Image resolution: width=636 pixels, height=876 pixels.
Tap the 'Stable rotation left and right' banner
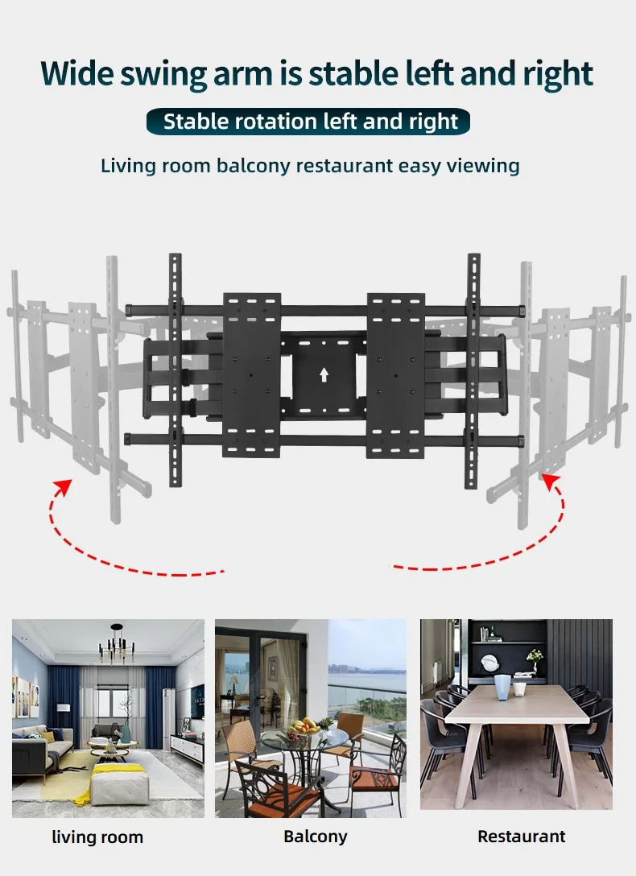pyautogui.click(x=310, y=122)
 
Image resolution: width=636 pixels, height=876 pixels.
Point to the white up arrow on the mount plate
pyautogui.click(x=324, y=374)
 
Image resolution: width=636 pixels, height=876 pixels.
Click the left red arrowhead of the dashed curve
pyautogui.click(x=61, y=487)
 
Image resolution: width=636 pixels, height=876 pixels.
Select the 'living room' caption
pyautogui.click(x=97, y=837)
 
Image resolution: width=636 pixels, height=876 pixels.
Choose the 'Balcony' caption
pyautogui.click(x=316, y=837)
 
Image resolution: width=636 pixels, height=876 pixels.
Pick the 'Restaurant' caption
pyautogui.click(x=521, y=837)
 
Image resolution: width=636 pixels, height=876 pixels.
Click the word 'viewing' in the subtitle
pyautogui.click(x=481, y=166)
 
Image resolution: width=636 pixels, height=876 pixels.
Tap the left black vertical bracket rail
pyautogui.click(x=175, y=370)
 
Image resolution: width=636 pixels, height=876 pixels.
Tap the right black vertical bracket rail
pyautogui.click(x=473, y=370)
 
